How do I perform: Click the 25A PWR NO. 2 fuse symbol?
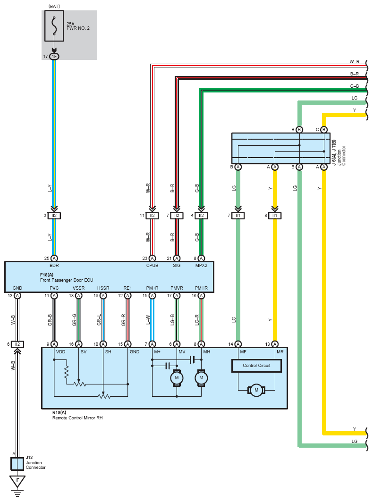click(x=54, y=26)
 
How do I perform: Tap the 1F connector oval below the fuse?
click(x=54, y=57)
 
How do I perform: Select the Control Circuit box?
click(x=256, y=366)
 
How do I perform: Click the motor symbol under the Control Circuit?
click(x=256, y=390)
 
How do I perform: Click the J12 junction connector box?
click(x=17, y=464)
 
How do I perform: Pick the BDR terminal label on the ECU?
click(x=54, y=266)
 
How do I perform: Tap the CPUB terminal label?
click(x=153, y=266)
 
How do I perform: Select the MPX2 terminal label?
click(x=201, y=266)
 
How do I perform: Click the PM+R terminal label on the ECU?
click(x=153, y=288)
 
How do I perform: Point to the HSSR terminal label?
click(x=103, y=288)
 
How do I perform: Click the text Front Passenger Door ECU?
click(x=67, y=280)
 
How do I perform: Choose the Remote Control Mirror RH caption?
click(x=77, y=418)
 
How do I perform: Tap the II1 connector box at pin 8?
click(x=275, y=216)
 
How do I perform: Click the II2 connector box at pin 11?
click(x=153, y=216)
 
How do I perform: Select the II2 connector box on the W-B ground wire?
click(x=17, y=344)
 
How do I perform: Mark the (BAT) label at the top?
click(x=54, y=7)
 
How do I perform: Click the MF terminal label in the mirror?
click(x=243, y=352)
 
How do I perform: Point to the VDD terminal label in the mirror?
click(x=60, y=352)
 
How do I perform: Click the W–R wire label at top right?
click(x=354, y=62)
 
